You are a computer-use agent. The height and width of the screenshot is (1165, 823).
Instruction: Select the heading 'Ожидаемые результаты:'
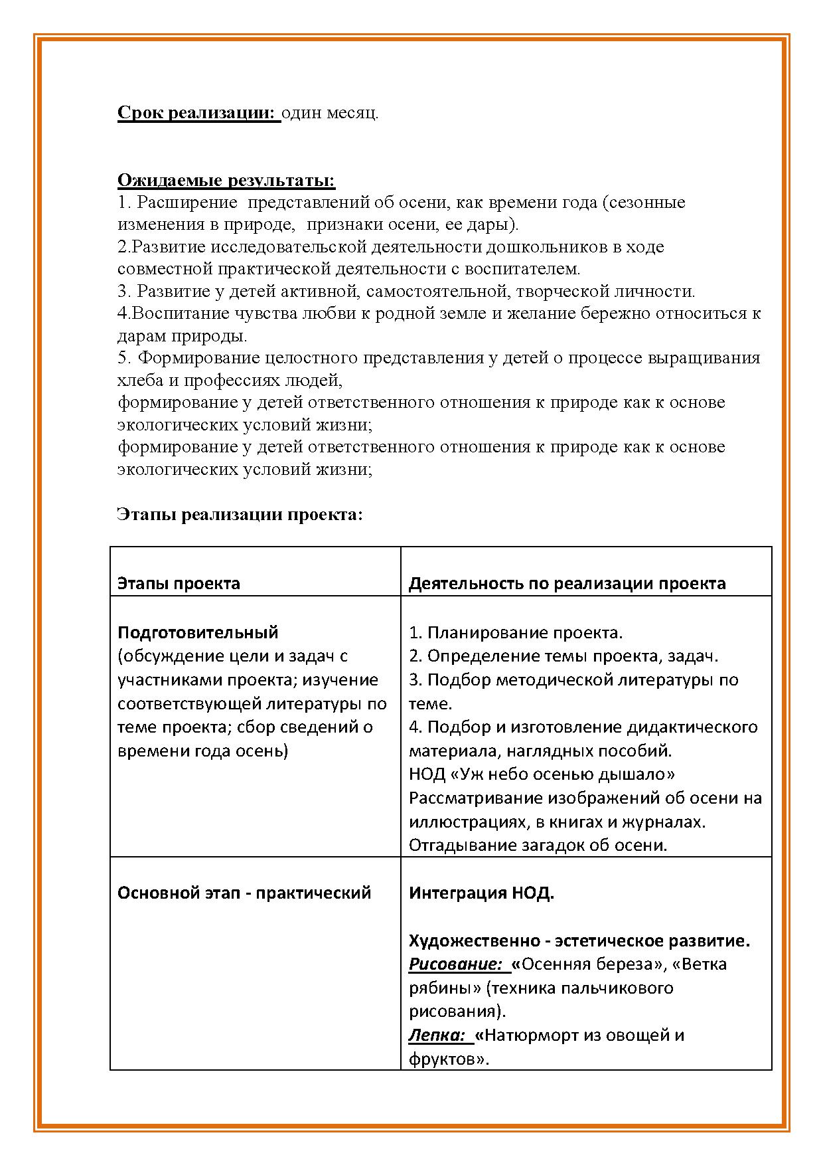click(x=226, y=180)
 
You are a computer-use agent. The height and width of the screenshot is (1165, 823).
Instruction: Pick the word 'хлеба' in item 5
click(x=137, y=381)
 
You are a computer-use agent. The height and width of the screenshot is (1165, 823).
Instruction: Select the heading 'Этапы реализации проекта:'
click(x=240, y=515)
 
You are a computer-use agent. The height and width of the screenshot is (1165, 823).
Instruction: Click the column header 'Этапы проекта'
click(x=179, y=583)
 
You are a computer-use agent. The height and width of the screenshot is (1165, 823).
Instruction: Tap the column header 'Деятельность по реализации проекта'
click(x=567, y=583)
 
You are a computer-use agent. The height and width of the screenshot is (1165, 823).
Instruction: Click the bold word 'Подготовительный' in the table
click(x=198, y=632)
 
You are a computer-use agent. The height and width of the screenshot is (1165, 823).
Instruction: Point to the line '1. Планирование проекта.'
click(x=516, y=632)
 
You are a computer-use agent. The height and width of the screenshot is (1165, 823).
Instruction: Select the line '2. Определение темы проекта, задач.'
click(x=563, y=656)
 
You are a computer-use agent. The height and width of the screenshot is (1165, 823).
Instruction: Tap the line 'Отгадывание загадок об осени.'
click(x=538, y=845)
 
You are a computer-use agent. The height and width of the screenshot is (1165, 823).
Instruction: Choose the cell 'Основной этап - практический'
click(x=244, y=893)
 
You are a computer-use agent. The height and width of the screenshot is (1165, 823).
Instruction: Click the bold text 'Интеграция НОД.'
click(x=481, y=893)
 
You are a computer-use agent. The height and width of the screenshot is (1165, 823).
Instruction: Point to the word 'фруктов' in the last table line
click(x=444, y=1059)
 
